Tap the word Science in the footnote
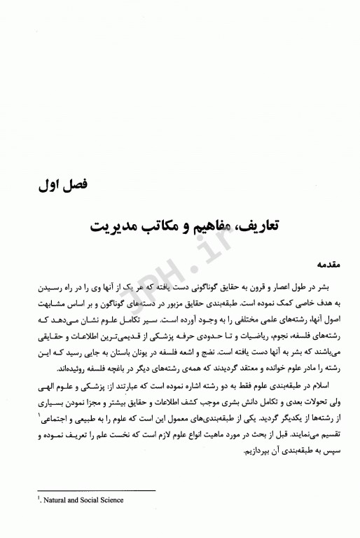[109, 500]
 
